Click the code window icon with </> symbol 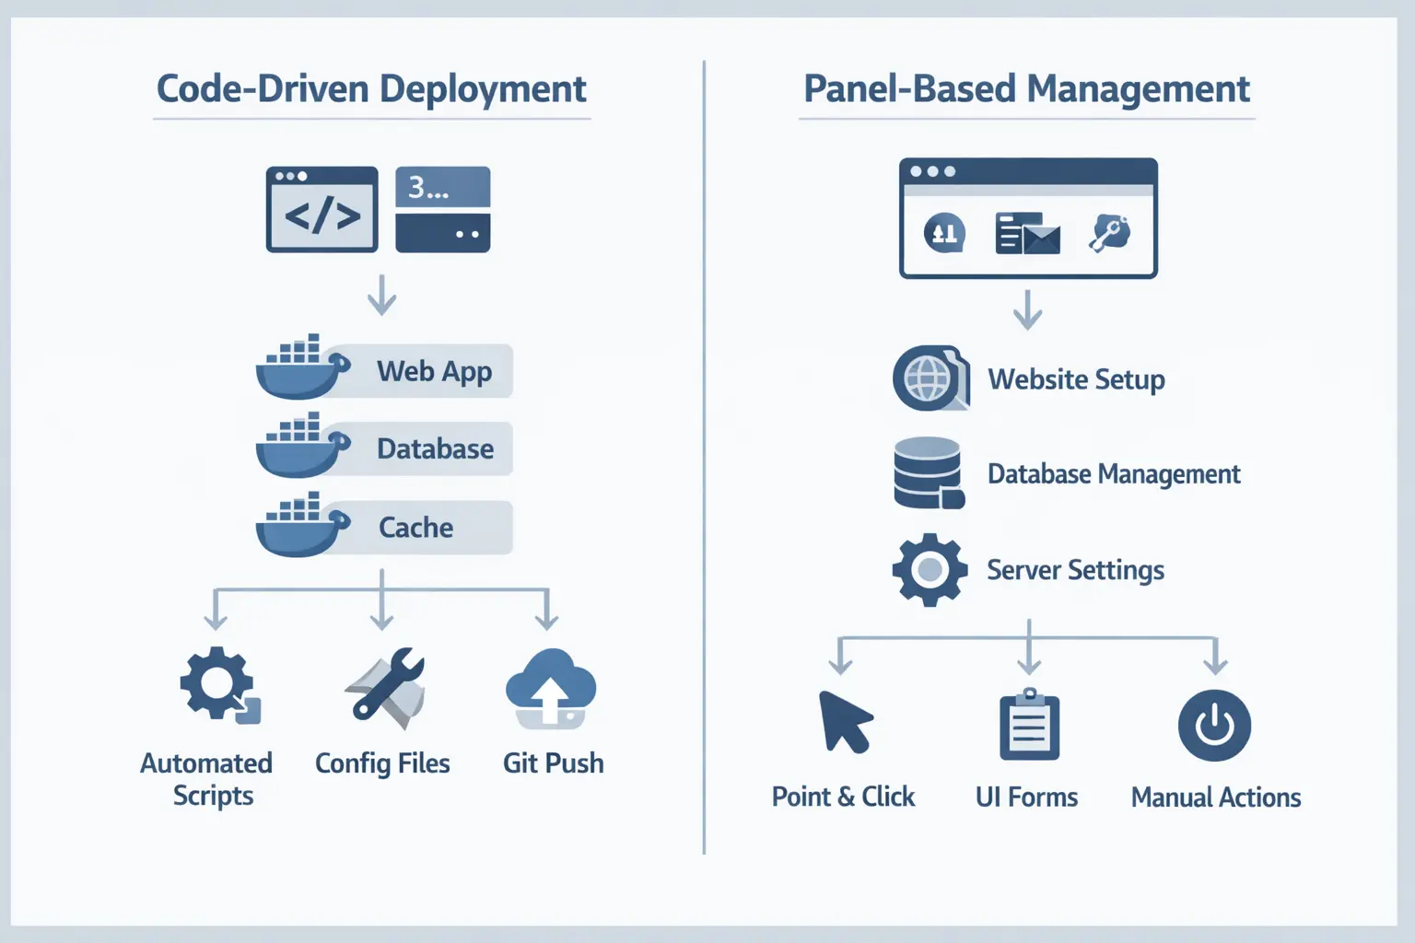(x=322, y=209)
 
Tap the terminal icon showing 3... (x=442, y=209)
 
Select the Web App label (x=434, y=371)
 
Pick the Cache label (x=415, y=528)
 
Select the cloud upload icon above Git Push (x=551, y=690)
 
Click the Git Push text (x=553, y=763)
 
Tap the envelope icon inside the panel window (x=1028, y=234)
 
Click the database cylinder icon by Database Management (x=928, y=473)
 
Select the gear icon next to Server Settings (x=930, y=570)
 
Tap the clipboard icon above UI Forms (x=1029, y=726)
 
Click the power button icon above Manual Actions (x=1214, y=726)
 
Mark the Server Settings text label (x=1075, y=570)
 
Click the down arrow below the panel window (x=1027, y=310)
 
